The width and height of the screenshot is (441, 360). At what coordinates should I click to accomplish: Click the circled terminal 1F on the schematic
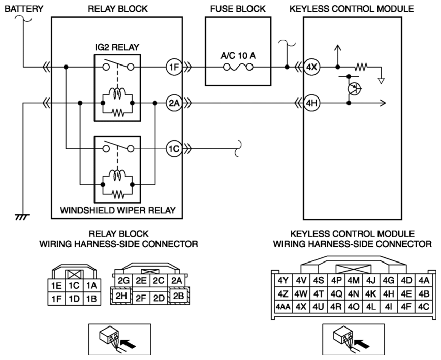[x=174, y=67]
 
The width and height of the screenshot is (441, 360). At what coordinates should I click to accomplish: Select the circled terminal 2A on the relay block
[x=174, y=103]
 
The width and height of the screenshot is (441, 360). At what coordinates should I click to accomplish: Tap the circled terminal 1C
[x=174, y=148]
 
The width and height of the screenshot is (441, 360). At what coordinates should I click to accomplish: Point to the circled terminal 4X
[x=311, y=67]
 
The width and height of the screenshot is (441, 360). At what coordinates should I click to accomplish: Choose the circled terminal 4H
[x=311, y=103]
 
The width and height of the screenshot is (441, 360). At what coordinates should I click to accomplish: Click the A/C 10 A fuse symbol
[x=238, y=67]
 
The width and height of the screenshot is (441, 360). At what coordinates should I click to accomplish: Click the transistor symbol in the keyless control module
[x=353, y=89]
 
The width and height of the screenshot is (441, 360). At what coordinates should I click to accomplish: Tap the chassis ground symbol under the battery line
[x=22, y=217]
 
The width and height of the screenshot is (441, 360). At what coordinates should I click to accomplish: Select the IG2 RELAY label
[x=117, y=47]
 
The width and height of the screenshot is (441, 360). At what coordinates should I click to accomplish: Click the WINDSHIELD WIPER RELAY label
[x=118, y=210]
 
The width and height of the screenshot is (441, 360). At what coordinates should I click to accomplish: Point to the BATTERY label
[x=24, y=9]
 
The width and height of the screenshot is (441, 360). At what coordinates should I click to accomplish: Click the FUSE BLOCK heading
[x=238, y=9]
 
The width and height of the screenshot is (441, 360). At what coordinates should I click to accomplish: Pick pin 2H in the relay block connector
[x=121, y=296]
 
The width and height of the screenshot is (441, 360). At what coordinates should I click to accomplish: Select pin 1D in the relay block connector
[x=74, y=299]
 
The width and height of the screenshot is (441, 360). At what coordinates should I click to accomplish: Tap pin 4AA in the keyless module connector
[x=283, y=307]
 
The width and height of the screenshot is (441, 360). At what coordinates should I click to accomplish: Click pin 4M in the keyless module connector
[x=354, y=280]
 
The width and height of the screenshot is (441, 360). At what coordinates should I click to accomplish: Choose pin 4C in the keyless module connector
[x=424, y=307]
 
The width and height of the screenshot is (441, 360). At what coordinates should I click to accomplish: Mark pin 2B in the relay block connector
[x=178, y=296]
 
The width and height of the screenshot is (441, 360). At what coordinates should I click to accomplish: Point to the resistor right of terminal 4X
[x=361, y=67]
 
